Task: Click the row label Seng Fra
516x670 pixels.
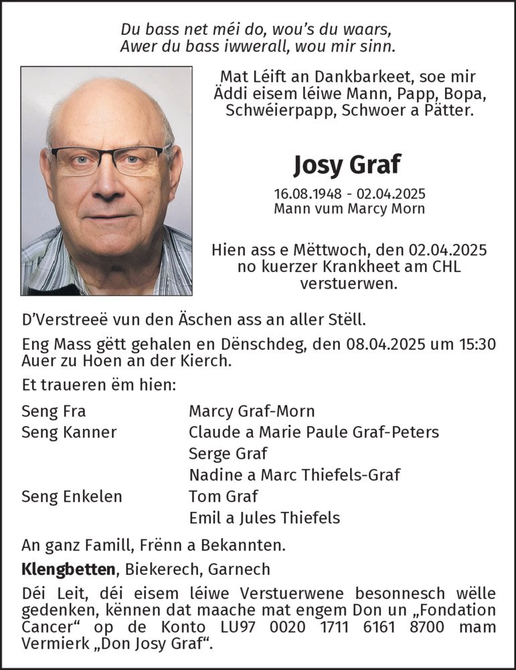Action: [x=54, y=411]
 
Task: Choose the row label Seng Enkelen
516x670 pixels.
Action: [x=72, y=496]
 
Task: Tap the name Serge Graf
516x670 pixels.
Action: [x=228, y=454]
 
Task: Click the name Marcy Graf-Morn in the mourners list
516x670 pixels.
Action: [x=252, y=411]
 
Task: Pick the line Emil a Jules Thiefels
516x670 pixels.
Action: [x=264, y=518]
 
